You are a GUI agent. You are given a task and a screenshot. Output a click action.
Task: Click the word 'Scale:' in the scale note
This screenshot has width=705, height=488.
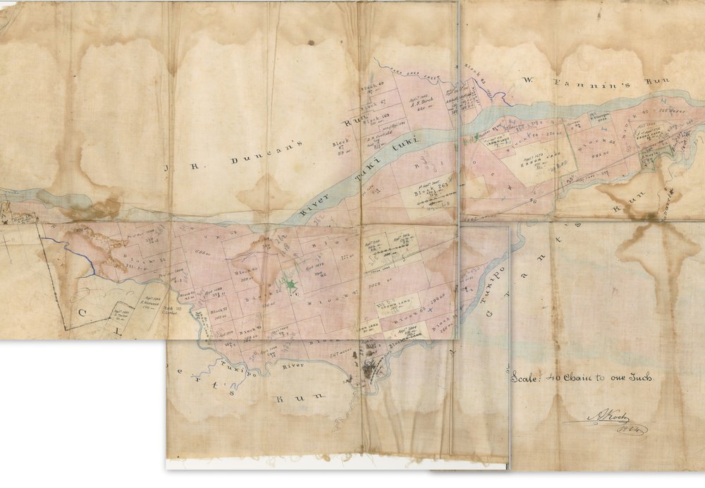tap(527, 377)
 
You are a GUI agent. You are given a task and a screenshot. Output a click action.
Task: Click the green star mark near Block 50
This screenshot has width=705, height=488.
tap(290, 283)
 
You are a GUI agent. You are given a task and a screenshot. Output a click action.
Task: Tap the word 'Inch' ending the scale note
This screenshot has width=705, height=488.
tap(642, 377)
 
